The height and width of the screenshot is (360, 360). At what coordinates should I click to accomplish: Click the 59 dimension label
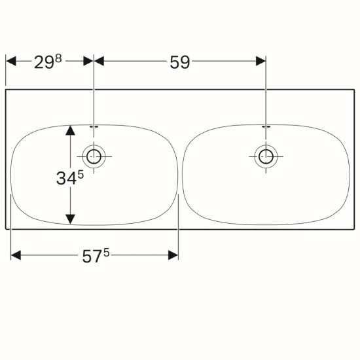pos(180,62)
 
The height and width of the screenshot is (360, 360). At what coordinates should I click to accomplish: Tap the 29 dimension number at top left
pos(44,62)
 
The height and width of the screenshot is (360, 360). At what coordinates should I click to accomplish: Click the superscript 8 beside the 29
pos(58,59)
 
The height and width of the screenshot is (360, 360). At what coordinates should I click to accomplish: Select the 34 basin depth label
pos(66,179)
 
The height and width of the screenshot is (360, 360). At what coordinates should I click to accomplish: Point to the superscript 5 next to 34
pos(81,175)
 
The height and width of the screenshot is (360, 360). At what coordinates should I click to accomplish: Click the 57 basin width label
pos(92,257)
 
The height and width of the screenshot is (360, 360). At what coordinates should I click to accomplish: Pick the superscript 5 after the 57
pos(107,253)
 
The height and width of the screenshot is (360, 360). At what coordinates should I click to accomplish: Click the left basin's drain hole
pos(94,156)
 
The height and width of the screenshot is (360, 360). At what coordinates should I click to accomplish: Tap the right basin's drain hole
pos(266,156)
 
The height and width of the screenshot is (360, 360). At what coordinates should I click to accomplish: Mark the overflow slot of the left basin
pos(94,126)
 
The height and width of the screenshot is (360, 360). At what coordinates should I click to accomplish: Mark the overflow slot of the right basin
pos(266,126)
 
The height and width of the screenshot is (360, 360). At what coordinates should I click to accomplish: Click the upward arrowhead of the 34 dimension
pos(70,130)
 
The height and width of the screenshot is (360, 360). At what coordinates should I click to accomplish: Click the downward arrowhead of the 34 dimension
pos(70,219)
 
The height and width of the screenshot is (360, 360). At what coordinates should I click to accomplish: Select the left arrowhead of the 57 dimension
pos(16,255)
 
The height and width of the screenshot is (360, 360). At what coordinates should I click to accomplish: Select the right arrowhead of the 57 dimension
pos(173,255)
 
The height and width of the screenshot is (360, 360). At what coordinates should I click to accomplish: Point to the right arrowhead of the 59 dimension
pos(261,61)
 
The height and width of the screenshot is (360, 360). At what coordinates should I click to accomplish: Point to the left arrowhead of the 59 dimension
pos(99,61)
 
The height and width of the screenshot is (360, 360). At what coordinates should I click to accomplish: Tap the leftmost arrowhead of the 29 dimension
pos(10,61)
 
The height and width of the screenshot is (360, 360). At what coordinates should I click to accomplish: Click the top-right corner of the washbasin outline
pos(354,90)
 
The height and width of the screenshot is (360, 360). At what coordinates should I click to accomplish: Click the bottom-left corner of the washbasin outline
pos(6,229)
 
